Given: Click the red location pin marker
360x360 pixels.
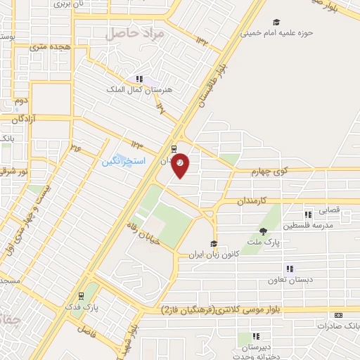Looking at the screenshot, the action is click(181, 164).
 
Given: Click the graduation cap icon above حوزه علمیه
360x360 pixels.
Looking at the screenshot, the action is click(276, 22).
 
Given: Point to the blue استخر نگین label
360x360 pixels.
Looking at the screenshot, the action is click(123, 161).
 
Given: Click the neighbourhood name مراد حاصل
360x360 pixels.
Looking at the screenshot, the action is click(135, 33).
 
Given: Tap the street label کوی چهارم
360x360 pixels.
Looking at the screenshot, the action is click(268, 170).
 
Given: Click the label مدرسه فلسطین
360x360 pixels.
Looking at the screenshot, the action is click(307, 226).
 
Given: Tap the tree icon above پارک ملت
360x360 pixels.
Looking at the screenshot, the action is click(263, 231).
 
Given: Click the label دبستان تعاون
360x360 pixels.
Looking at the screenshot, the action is click(288, 279).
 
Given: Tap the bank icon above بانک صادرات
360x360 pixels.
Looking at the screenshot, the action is click(338, 315).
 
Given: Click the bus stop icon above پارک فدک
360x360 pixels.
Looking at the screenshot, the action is click(82, 295).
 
